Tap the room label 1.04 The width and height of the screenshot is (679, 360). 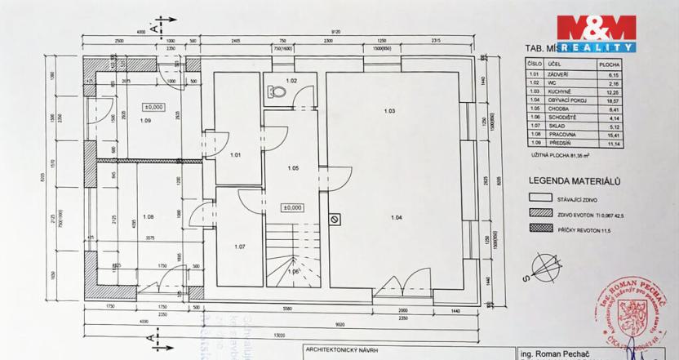coord(397,217)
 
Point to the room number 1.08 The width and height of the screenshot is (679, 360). coord(148,217)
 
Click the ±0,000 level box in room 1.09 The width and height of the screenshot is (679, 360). coord(153,107)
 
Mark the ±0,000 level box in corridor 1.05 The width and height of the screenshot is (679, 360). coord(292,207)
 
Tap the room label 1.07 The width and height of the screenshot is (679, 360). coord(240,247)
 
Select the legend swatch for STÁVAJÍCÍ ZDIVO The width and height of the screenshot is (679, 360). coord(540,197)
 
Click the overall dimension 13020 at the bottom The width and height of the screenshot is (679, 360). coord(279,334)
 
